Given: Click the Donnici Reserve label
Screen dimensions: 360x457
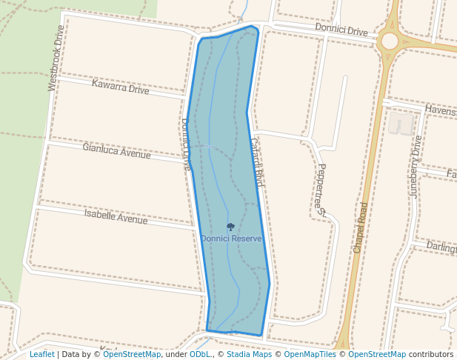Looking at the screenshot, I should tap(231, 239).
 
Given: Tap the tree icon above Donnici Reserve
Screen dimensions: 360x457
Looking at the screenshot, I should tap(230, 227).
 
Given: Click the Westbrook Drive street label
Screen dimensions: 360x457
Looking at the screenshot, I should tap(56, 58).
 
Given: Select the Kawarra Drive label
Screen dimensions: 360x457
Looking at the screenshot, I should tap(120, 87).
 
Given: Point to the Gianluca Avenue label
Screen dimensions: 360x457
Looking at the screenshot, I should tap(116, 151).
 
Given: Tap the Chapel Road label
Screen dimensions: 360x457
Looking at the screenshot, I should tap(361, 227).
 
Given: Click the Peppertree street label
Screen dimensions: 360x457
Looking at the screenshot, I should tap(321, 189).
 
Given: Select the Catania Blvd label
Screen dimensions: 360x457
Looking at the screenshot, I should tap(257, 161).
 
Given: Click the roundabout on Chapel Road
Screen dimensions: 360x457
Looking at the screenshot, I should tap(388, 41).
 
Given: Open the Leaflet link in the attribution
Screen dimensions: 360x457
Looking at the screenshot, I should tap(41, 354).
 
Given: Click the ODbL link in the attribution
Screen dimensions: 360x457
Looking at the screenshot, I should tap(200, 354).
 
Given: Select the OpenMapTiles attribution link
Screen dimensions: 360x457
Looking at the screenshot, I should tap(310, 354).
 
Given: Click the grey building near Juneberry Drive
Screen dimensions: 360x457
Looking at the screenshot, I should tap(401, 124).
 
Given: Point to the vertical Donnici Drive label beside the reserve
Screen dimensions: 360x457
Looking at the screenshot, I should tap(187, 144).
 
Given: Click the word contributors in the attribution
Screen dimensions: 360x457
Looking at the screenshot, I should tap(431, 354).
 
